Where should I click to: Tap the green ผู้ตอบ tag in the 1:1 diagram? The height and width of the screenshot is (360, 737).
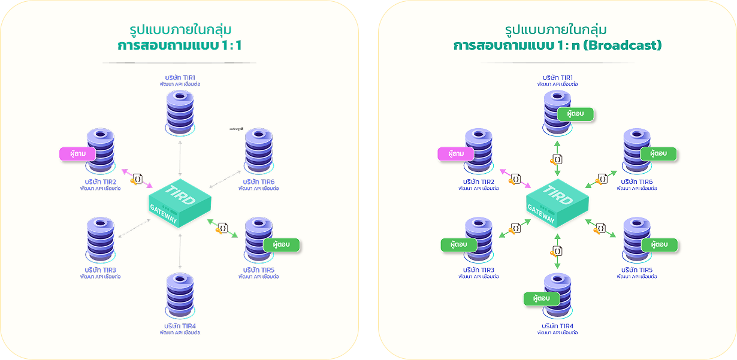(x=280, y=245)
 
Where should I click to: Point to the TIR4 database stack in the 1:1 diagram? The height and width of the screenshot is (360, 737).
(x=180, y=297)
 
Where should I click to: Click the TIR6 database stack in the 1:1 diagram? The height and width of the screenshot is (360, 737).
(x=259, y=150)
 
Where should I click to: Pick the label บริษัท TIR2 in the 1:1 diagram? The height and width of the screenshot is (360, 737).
(x=101, y=181)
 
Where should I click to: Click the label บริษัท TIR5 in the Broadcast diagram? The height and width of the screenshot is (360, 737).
(x=639, y=270)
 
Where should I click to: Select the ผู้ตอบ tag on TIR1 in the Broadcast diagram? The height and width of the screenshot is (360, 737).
(x=575, y=114)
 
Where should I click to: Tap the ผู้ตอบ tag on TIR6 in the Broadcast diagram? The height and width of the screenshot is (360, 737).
(x=659, y=154)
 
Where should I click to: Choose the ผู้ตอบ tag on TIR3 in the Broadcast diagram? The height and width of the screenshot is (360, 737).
(x=459, y=245)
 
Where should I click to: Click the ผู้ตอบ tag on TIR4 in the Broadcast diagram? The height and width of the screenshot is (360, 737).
(x=541, y=298)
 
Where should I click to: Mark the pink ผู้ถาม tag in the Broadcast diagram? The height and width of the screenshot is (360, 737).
(x=455, y=154)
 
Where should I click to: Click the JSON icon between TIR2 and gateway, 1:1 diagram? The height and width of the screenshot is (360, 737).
(x=137, y=179)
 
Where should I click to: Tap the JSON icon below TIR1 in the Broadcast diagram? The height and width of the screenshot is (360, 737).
(x=557, y=159)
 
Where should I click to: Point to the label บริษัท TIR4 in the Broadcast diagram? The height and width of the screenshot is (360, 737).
(x=557, y=325)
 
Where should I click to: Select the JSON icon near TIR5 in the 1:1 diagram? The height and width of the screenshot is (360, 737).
(x=223, y=228)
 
